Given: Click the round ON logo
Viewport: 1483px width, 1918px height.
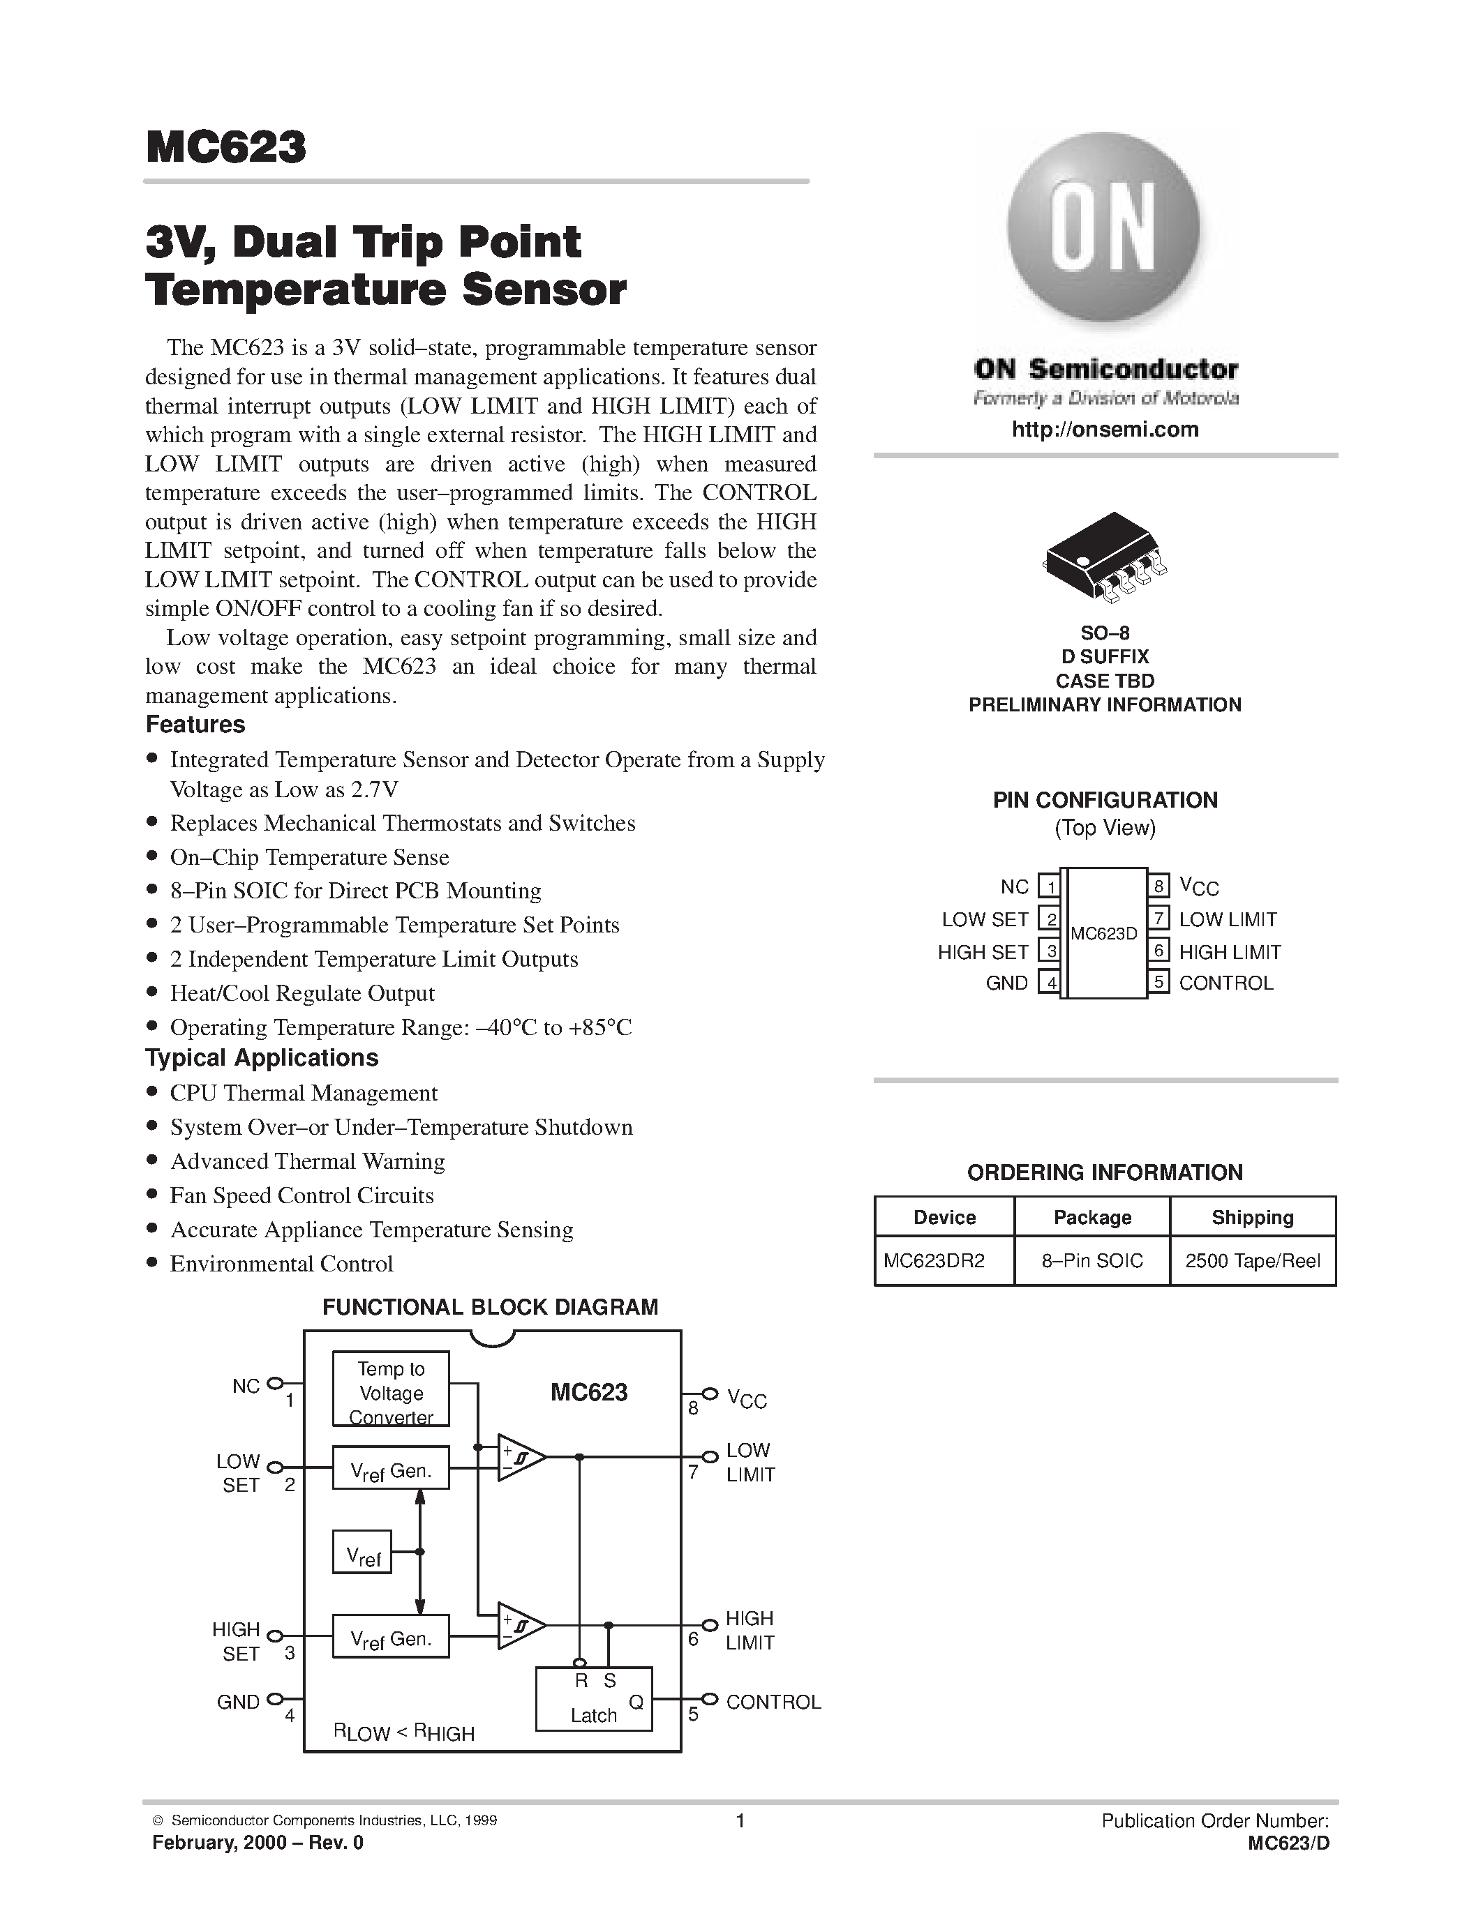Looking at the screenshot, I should pos(1103,227).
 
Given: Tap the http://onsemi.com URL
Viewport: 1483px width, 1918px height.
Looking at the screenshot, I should pos(1104,430).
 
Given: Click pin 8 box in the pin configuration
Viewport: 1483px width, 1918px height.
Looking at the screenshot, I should pos(1158,886).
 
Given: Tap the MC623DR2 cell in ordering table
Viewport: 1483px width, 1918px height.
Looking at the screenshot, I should pos(934,1261).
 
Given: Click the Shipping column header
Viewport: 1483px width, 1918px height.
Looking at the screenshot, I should pos(1252,1217).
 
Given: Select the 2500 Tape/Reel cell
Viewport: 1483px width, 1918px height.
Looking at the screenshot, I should pos(1252,1261).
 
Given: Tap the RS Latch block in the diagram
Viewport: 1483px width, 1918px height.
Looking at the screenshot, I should pos(594,1698).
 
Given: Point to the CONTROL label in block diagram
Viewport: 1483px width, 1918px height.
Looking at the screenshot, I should pos(773,1702).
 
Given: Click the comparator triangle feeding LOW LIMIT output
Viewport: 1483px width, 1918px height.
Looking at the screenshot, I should pos(519,1458).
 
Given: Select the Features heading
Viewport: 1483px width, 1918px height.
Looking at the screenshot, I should pos(195,725).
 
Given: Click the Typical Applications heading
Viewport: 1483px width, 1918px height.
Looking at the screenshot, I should pos(262,1057).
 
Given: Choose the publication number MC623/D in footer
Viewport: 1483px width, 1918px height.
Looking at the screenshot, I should pos(1288,1843).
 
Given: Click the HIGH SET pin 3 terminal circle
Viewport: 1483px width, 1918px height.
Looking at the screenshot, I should pos(274,1636).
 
